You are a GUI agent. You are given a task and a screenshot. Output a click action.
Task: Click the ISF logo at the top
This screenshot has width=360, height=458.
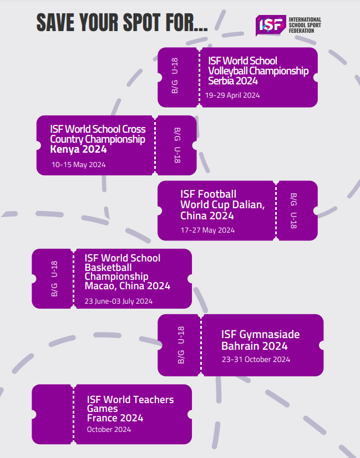click(271, 24)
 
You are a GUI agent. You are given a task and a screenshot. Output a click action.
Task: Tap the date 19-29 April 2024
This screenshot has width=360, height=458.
click(232, 95)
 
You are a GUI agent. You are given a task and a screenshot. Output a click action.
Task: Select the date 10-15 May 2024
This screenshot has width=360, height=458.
click(78, 164)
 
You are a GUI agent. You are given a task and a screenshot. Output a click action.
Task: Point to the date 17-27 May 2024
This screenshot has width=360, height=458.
click(207, 230)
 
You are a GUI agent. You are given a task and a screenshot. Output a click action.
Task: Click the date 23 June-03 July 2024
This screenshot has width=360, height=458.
click(118, 301)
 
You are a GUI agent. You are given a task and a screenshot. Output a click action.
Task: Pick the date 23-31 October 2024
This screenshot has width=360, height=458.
click(256, 359)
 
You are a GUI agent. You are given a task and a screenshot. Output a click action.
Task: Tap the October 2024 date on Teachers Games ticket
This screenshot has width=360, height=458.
click(109, 429)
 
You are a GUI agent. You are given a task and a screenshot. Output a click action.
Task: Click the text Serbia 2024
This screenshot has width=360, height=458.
click(233, 81)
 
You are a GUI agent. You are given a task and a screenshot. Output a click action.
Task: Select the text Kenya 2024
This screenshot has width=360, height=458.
click(78, 149)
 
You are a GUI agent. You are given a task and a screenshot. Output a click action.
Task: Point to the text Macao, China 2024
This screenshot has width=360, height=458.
click(127, 286)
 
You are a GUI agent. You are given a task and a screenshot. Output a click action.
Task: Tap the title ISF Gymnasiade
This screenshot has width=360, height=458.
click(260, 334)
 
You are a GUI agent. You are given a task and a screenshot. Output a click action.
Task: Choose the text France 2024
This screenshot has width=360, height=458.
click(115, 418)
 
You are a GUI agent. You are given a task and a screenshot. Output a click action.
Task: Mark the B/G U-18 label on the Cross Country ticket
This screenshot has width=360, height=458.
click(177, 145)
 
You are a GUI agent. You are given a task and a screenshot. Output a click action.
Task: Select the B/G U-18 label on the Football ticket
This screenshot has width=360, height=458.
click(293, 210)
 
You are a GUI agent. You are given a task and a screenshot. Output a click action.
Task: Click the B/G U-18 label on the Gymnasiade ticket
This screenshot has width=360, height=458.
click(181, 345)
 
